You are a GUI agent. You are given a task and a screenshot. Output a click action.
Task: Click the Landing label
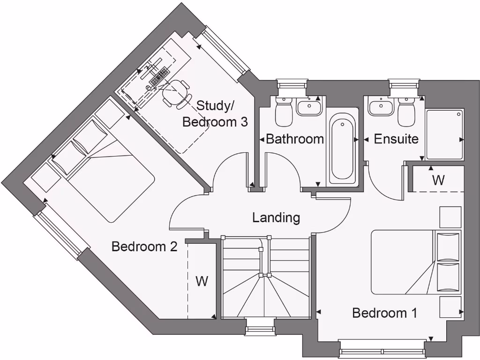(x=276, y=217)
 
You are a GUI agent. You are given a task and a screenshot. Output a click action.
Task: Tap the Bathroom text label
(x=294, y=139)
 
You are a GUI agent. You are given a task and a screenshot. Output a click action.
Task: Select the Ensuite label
(x=396, y=139)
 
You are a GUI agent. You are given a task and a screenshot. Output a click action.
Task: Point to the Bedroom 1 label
(x=384, y=313)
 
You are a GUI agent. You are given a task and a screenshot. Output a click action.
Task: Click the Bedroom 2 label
(x=144, y=247)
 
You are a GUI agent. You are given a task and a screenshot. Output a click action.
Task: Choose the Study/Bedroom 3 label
(x=215, y=114)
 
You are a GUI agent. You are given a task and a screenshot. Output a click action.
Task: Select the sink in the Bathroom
(x=308, y=108)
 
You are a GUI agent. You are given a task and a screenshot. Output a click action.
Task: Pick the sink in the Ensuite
(x=381, y=108)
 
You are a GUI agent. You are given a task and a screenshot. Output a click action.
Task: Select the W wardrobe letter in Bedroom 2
(x=202, y=281)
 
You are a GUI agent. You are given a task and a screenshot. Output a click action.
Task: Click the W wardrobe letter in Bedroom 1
(x=438, y=180)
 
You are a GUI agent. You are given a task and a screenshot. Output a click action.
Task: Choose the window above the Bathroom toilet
(x=291, y=84)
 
